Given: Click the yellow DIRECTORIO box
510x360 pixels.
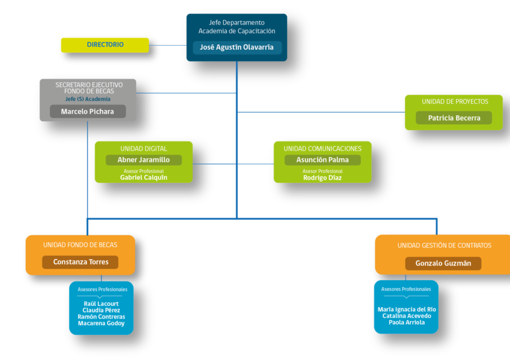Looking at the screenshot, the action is (105, 45).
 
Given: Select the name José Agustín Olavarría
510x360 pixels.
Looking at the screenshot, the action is (236, 47).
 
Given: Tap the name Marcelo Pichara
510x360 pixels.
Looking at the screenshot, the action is (88, 112).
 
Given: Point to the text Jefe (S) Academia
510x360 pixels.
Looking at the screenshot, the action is (88, 99).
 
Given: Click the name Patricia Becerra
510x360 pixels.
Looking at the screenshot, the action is (454, 118).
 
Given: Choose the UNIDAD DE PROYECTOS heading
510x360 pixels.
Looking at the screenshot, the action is (455, 102).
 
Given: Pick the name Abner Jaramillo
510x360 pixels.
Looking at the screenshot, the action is (143, 160).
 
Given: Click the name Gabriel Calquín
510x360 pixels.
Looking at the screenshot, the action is (143, 178).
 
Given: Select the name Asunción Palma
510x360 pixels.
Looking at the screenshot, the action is (322, 160).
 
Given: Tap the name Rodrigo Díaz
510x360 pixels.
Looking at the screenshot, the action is (322, 178).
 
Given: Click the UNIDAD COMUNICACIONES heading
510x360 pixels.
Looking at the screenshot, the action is (322, 149).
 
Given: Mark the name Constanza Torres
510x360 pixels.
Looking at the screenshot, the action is (80, 262).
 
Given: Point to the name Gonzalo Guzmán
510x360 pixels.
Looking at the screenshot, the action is (443, 263).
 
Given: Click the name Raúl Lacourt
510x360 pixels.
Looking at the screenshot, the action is (101, 304).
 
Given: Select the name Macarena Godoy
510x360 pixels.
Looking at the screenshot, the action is (101, 323).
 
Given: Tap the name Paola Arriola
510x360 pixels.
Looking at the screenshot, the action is (407, 322).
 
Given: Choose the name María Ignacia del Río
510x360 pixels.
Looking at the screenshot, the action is (407, 309).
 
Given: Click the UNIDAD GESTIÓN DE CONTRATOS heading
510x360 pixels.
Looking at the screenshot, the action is (444, 245).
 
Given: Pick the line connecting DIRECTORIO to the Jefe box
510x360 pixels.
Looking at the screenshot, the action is (168, 45).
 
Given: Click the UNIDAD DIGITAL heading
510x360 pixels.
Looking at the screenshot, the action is (143, 149).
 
